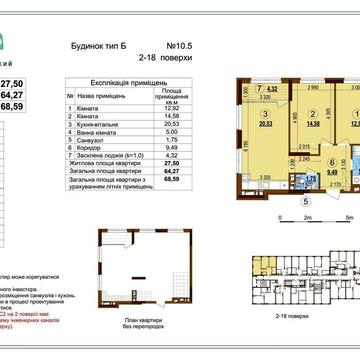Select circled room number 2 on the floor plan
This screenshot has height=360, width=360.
point(311,114)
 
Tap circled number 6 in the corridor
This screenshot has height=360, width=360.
point(302,159)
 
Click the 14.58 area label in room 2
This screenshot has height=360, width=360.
point(311,123)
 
